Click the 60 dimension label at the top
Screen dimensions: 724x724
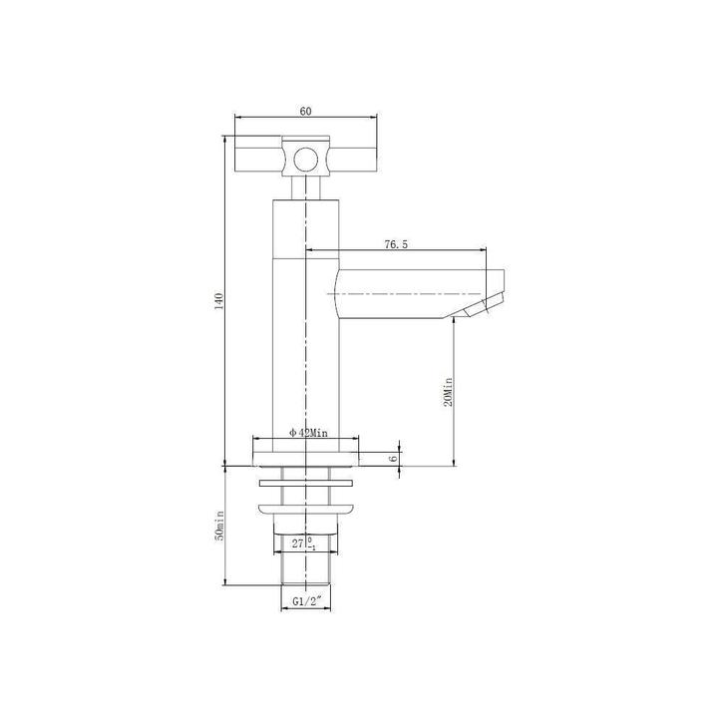tap(306, 111)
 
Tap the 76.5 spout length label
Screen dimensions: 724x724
tap(396, 244)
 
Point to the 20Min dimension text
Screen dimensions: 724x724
tap(448, 392)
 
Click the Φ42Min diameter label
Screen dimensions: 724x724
tap(308, 433)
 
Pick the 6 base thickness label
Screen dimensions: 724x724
tap(393, 459)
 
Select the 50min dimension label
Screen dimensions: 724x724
tap(219, 526)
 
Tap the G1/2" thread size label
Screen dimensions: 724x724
tap(306, 601)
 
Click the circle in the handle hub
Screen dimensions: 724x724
tap(306, 161)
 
